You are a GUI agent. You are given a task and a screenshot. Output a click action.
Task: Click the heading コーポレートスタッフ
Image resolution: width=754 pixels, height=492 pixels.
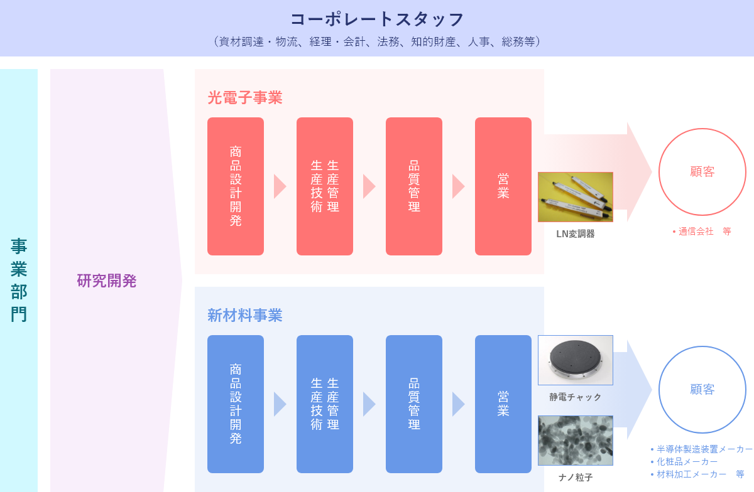[x=377, y=19]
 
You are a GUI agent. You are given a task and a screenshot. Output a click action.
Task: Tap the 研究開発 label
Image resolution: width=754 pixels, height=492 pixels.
[x=106, y=281]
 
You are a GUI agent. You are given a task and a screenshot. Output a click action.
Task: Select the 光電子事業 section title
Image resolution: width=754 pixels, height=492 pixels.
[x=244, y=98]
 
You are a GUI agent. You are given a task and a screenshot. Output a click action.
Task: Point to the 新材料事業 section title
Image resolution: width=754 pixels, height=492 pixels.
[x=244, y=316]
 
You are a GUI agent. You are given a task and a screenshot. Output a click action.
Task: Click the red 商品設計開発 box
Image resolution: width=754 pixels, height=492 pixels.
[x=236, y=186]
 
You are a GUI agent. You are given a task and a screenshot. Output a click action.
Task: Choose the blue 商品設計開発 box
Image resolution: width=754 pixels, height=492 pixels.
[x=236, y=404]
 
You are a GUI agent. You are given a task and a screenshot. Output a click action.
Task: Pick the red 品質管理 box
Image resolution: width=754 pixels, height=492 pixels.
[x=414, y=186]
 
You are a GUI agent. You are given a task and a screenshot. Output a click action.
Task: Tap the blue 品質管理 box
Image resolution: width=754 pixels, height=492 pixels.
[x=414, y=404]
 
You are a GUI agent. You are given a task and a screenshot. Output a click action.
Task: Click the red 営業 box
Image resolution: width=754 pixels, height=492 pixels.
[x=503, y=186]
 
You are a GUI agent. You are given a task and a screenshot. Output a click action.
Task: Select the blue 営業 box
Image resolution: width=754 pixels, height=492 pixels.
[x=503, y=404]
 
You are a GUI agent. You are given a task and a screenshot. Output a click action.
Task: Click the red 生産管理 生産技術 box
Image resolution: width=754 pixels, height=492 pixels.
[x=325, y=186]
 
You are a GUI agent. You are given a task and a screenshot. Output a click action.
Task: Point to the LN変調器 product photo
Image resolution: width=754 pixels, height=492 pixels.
[x=576, y=197]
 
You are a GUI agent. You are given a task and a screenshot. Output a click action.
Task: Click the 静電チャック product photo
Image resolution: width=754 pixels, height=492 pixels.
[x=576, y=360]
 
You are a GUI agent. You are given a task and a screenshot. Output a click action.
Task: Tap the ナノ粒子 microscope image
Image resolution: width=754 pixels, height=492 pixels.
[x=576, y=441]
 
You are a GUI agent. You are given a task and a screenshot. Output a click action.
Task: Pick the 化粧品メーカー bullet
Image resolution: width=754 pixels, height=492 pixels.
[x=684, y=462]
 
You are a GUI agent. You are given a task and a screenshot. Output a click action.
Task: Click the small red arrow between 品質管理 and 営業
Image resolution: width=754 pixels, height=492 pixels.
[x=459, y=186]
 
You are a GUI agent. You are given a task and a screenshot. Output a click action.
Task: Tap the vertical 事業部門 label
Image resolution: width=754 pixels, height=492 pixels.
[x=19, y=280]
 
